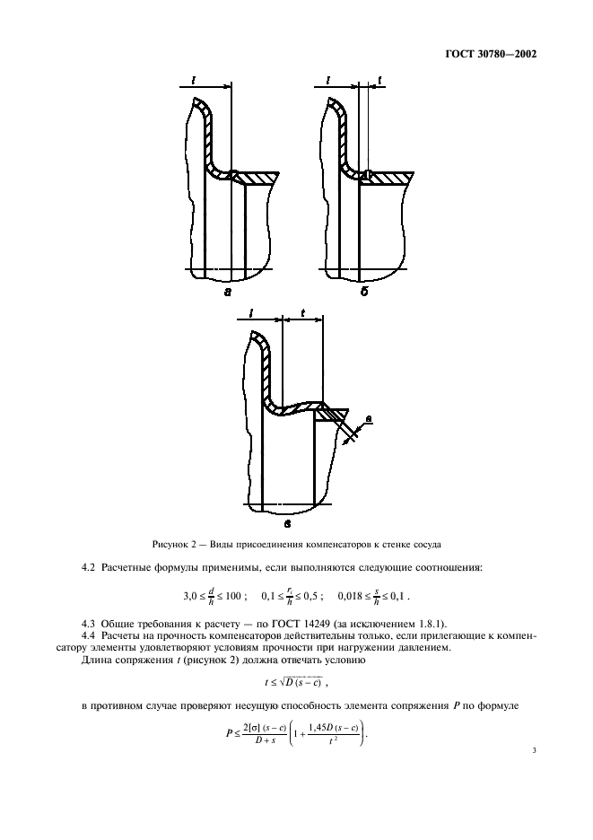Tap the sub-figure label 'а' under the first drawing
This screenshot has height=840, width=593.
[227, 292]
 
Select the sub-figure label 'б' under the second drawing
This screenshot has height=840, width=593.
[365, 292]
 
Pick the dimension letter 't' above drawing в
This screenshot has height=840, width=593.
[303, 315]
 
